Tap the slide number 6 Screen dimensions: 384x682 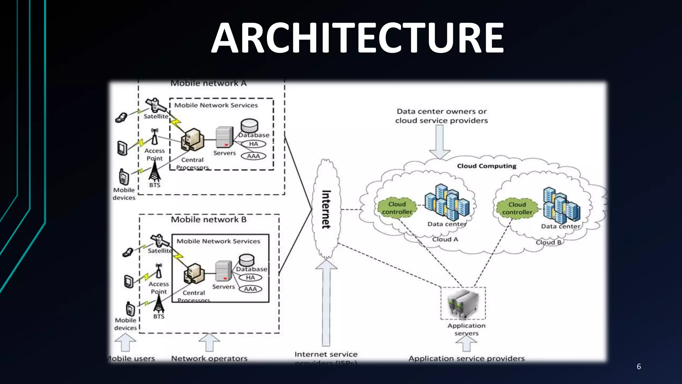point(638,366)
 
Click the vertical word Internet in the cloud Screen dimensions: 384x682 point(326,209)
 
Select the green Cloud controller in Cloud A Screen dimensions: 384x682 point(397,208)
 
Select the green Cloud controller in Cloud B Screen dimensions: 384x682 point(517,208)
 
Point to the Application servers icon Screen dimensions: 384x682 point(463,303)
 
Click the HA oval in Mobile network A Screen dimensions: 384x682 point(253,144)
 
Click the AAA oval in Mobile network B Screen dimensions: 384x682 point(250,289)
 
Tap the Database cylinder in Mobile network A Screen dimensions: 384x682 point(249,126)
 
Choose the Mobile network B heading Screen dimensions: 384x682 point(208,220)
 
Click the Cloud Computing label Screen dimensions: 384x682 point(487,166)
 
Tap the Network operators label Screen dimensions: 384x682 point(209,359)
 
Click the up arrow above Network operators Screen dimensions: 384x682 point(209,342)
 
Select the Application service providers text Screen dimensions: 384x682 point(466,359)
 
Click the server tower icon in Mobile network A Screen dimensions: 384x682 point(224,137)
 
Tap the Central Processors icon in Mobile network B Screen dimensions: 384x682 point(194,273)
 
